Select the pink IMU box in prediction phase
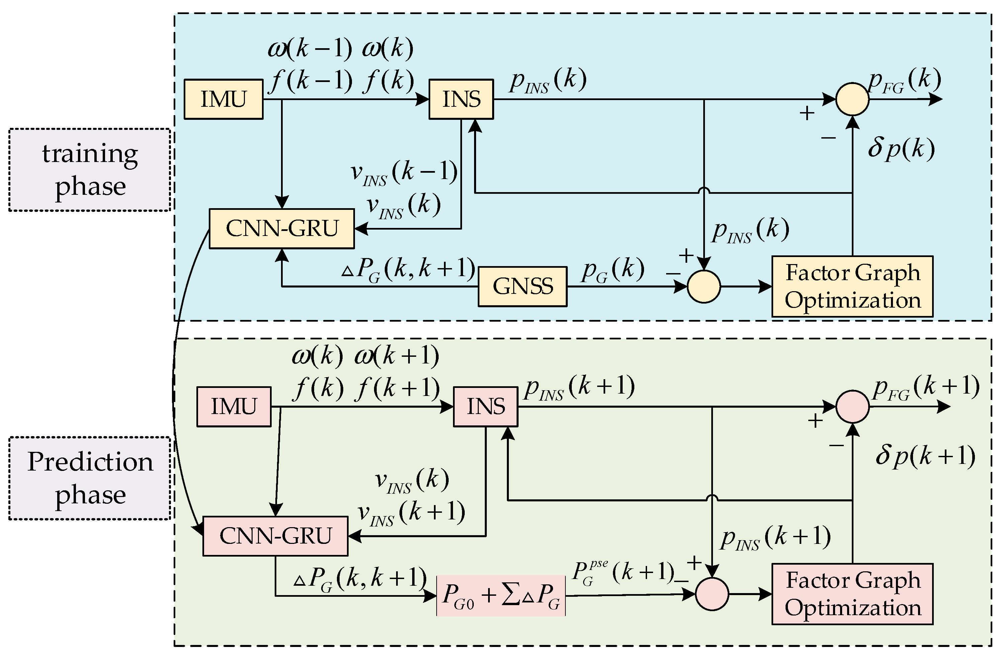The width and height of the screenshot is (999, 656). tap(234, 407)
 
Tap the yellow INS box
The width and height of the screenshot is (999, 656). tap(461, 99)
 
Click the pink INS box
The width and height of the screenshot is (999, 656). tap(486, 407)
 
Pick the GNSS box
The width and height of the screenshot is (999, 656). tap(523, 286)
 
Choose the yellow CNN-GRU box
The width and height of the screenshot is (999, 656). tap(282, 229)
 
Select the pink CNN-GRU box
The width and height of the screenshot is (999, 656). tap(275, 536)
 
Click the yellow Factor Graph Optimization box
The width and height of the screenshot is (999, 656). tap(852, 286)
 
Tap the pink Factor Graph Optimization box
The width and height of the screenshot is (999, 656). tap(852, 594)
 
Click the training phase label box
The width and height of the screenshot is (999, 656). tap(90, 170)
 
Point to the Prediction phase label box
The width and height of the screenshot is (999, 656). tap(90, 478)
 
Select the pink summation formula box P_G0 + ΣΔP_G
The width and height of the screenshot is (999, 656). tap(501, 595)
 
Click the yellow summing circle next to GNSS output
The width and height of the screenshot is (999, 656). tap(704, 286)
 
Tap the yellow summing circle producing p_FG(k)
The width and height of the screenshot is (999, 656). tap(852, 99)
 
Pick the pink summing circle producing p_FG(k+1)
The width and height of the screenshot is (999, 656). tap(852, 407)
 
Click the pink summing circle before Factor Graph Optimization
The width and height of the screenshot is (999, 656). tap(712, 594)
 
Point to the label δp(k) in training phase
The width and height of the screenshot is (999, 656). tap(901, 149)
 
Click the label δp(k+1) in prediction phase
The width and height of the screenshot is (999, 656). tap(925, 456)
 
